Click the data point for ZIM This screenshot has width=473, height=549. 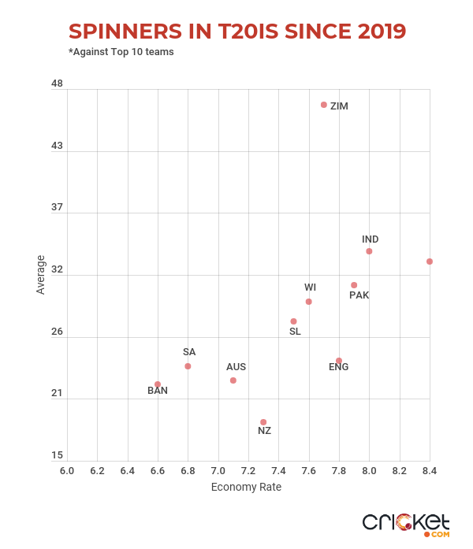click(x=324, y=105)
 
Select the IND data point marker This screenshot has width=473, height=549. click(x=369, y=251)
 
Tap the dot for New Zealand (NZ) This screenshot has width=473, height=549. click(x=263, y=422)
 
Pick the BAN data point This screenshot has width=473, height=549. click(x=158, y=384)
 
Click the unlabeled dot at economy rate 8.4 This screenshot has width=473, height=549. click(x=430, y=262)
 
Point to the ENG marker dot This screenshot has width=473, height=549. click(x=339, y=361)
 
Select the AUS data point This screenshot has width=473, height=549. click(x=233, y=380)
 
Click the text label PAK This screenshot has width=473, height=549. click(x=359, y=295)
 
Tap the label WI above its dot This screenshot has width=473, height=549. click(x=311, y=287)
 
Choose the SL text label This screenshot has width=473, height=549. click(x=295, y=332)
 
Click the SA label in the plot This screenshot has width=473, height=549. click(x=189, y=352)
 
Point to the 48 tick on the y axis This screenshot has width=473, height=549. click(x=57, y=83)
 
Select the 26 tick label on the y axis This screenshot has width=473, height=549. click(x=57, y=332)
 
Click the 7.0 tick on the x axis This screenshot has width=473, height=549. click(x=218, y=471)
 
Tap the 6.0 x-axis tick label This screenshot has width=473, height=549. click(x=67, y=471)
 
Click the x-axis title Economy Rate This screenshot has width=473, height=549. click(x=246, y=487)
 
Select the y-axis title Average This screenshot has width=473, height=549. click(x=41, y=274)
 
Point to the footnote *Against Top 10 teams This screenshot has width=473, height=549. click(x=121, y=52)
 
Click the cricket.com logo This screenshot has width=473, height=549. click(x=406, y=523)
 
